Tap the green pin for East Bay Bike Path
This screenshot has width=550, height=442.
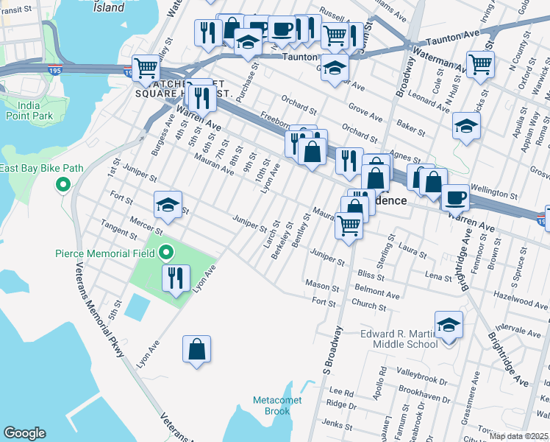click(x=63, y=185)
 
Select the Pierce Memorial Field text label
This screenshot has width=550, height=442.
click(x=104, y=253)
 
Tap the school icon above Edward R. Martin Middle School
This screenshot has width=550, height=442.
click(x=449, y=323)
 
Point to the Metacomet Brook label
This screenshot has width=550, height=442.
click(x=272, y=405)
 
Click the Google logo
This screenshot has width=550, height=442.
click(x=24, y=433)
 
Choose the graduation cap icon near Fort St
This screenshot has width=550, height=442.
click(x=168, y=204)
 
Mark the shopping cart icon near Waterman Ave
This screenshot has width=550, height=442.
click(x=480, y=64)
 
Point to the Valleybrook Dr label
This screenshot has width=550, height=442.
click(x=421, y=371)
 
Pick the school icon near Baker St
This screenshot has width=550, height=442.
click(x=466, y=125)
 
